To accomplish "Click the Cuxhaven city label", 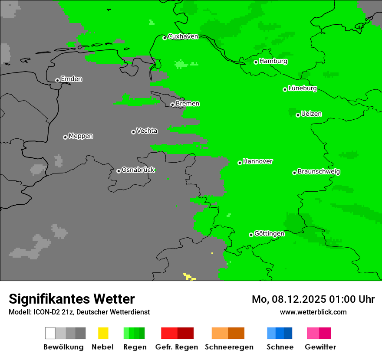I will (x=183, y=36).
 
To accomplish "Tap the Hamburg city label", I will (x=273, y=61).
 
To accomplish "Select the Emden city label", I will (x=71, y=79).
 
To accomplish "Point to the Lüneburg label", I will (x=302, y=88).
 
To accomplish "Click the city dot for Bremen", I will (x=172, y=105).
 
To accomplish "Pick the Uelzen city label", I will (x=311, y=114).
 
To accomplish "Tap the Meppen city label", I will (x=81, y=136).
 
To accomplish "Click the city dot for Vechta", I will (x=133, y=132).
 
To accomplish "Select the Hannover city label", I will (x=257, y=161).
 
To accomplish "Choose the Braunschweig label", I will (x=319, y=172).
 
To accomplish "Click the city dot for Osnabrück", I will (x=119, y=171).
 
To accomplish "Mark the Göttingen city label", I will (x=269, y=234).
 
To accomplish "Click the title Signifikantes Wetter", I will (x=72, y=299).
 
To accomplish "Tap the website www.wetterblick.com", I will (x=313, y=312).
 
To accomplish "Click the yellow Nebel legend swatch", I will (x=103, y=333).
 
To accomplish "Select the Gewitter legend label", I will (x=320, y=347).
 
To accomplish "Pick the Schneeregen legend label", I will (x=229, y=347).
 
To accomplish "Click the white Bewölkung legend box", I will (x=50, y=333).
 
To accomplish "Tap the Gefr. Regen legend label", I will (x=177, y=347).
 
